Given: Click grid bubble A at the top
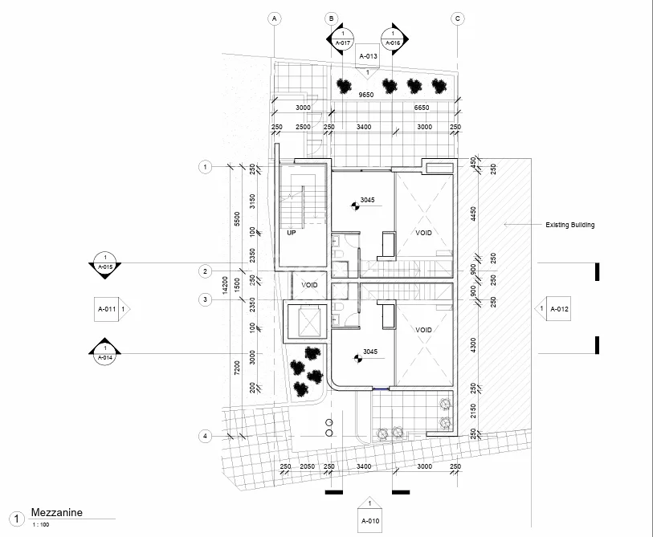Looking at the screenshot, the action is point(274,18).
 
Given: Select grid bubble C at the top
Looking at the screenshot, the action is point(457,18).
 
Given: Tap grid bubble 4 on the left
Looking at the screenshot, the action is point(205,436).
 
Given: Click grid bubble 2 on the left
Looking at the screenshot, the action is point(205,271).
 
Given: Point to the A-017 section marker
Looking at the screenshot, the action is point(341,39).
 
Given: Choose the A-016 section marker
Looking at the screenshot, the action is point(394,39).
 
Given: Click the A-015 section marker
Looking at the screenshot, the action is point(105,264).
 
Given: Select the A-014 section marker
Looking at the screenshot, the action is point(105,352).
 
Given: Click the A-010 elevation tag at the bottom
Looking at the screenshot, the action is point(369,515).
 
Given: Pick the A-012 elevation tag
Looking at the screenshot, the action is point(553,309).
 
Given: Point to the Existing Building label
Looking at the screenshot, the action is point(569,225).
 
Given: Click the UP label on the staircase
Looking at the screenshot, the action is point(291,233).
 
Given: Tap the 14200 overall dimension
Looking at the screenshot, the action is point(226,285).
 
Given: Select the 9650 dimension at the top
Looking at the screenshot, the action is point(366,95).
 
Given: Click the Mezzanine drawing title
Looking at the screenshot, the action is point(57,512).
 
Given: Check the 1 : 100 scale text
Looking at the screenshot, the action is point(41,524).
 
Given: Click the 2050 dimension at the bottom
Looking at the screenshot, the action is point(308,466).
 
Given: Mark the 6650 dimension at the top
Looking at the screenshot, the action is point(422,108).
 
